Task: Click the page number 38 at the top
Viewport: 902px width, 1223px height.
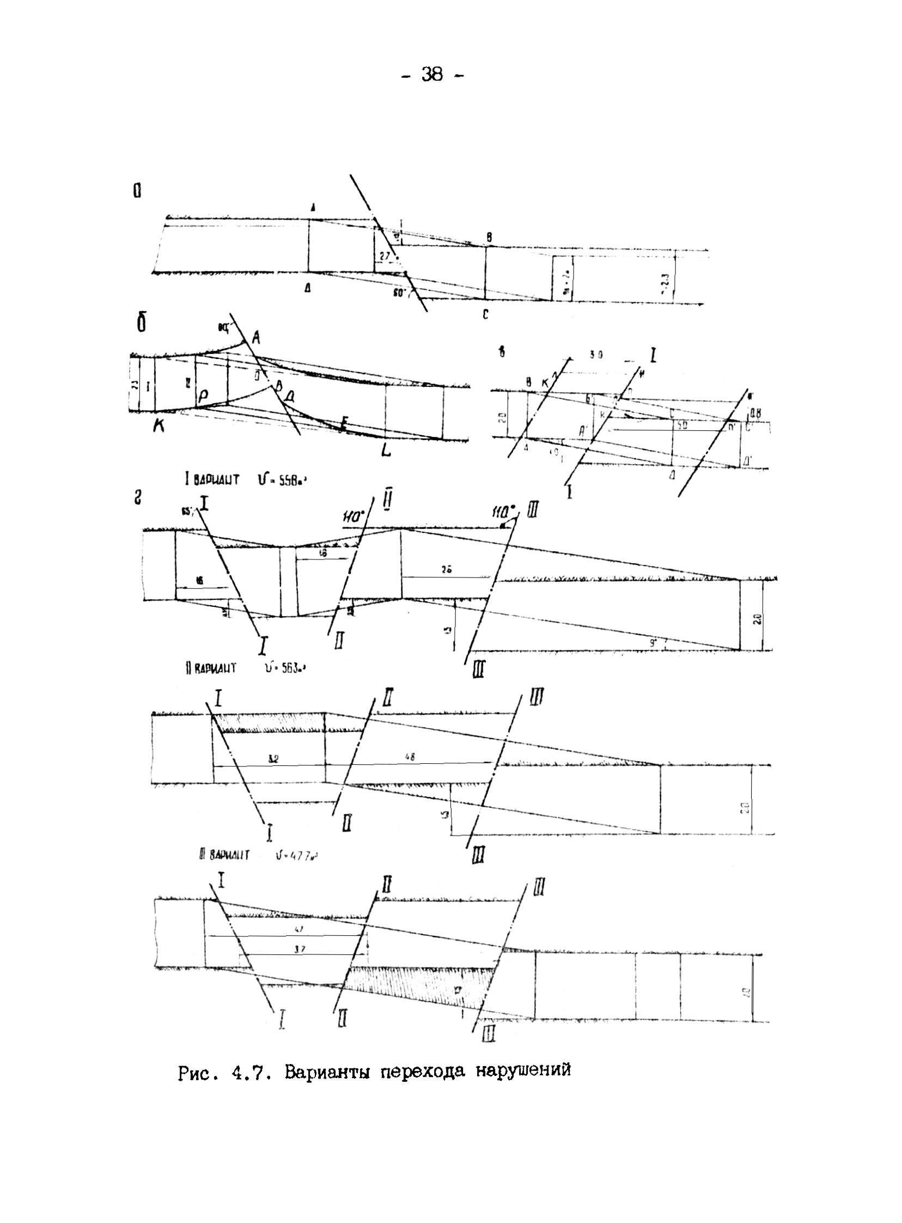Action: pos(431,74)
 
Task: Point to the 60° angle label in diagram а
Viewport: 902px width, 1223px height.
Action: pos(400,294)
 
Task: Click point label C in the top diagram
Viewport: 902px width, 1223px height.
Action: pos(485,315)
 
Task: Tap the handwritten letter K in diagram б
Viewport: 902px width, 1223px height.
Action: pos(159,427)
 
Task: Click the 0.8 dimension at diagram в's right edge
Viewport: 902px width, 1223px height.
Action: pos(756,413)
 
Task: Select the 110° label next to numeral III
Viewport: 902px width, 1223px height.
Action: pos(503,513)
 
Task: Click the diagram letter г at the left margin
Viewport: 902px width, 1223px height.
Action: pos(138,497)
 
